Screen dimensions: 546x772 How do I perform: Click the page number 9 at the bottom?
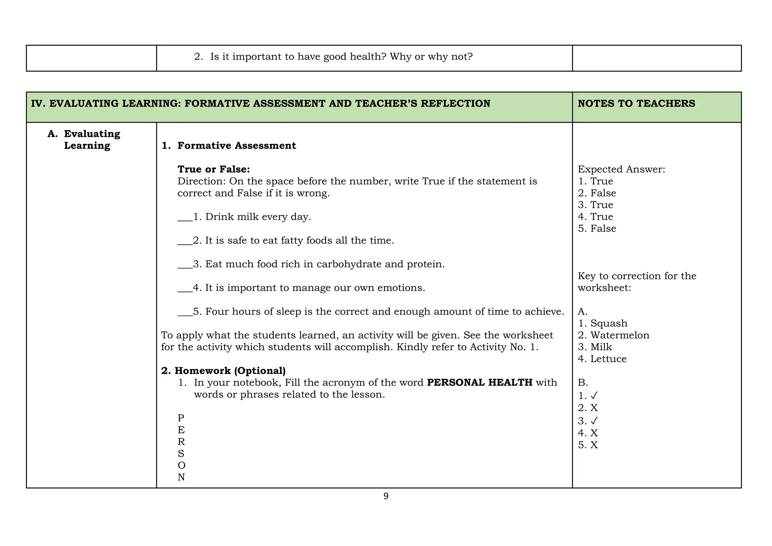pos(386,496)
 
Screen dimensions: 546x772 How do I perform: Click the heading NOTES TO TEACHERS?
pos(636,103)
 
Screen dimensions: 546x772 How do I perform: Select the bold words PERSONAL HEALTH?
pos(479,382)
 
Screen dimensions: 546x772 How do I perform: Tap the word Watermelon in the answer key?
pos(620,335)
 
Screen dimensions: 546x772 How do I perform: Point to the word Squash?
pos(609,324)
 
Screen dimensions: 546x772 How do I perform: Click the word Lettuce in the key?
pos(608,359)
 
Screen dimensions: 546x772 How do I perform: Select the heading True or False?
pos(214,169)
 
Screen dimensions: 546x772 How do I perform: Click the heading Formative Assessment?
pos(236,146)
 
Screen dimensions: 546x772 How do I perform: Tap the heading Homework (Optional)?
pos(230,371)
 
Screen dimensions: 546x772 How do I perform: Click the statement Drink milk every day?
pos(258,217)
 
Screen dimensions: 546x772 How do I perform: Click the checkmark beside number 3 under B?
pos(594,421)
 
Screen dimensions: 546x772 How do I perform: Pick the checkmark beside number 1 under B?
pos(594,396)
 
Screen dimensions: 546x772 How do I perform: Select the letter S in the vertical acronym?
pos(181,454)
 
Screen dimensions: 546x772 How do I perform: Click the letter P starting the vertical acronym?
pos(181,418)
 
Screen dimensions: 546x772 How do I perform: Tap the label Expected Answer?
pos(621,169)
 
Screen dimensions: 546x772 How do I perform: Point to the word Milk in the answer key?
pos(601,347)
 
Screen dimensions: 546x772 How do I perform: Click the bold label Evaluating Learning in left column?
pos(92,140)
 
